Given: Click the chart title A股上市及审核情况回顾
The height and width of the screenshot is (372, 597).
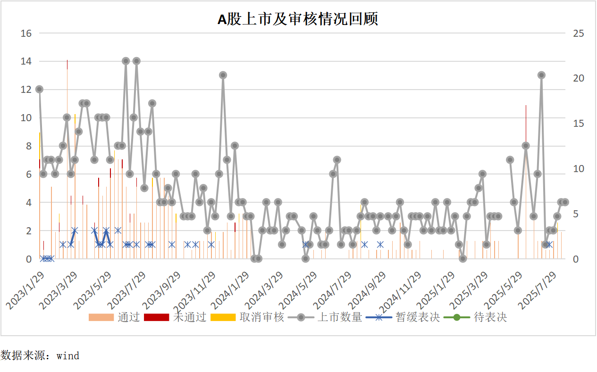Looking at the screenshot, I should pyautogui.click(x=298, y=19).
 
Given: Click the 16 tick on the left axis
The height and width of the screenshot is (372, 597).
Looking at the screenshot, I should pyautogui.click(x=26, y=33).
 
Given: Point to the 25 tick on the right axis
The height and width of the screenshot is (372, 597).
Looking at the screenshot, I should pyautogui.click(x=578, y=33).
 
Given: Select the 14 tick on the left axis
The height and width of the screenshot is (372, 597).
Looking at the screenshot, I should pyautogui.click(x=26, y=61).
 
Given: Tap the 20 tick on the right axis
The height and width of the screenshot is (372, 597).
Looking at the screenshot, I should pyautogui.click(x=578, y=79).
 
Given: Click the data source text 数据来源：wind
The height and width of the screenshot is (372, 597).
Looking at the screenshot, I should pyautogui.click(x=40, y=355).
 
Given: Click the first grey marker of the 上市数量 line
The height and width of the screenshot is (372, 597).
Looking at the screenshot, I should pyautogui.click(x=39, y=89).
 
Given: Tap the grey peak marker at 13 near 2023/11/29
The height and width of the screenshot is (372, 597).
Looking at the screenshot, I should pyautogui.click(x=223, y=75).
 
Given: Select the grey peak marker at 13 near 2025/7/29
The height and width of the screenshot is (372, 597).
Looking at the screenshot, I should pyautogui.click(x=541, y=75).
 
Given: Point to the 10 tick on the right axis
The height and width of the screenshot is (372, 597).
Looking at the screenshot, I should pyautogui.click(x=578, y=169).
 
